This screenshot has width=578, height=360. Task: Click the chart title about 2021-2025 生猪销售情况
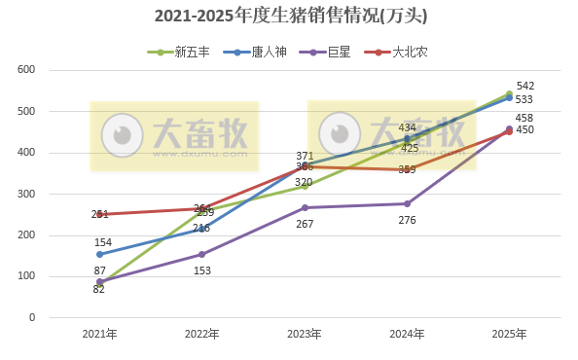(x=290, y=17)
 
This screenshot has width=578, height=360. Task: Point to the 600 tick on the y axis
(x=26, y=70)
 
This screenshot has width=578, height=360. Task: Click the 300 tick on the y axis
(x=26, y=194)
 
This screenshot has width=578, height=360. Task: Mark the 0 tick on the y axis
(x=31, y=317)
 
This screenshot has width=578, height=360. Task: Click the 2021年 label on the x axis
(x=99, y=334)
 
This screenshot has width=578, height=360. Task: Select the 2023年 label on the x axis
(x=305, y=334)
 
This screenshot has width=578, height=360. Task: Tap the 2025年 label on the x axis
(x=509, y=334)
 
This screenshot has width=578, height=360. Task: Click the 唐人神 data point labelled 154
(x=99, y=254)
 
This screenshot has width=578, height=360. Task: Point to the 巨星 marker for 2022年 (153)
(x=201, y=254)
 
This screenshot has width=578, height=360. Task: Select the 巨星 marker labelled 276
(x=407, y=203)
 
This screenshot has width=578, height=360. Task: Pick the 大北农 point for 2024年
(x=407, y=169)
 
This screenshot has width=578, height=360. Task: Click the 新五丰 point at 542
(x=509, y=94)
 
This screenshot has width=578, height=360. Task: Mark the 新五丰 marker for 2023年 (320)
(x=305, y=186)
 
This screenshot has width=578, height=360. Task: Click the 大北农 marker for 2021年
(x=99, y=214)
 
